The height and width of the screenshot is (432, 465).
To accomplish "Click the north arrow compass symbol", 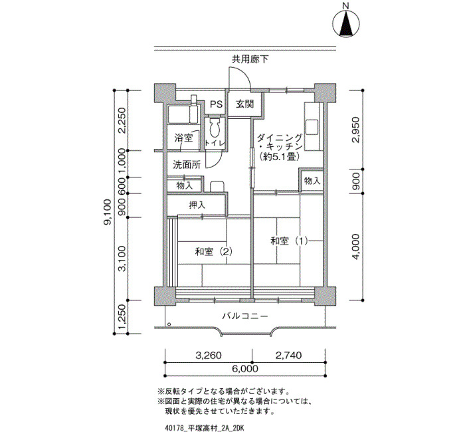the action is coord(346,23).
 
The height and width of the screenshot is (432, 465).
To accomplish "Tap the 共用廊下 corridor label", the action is coord(250,59).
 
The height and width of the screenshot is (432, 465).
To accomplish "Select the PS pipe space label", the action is coord(216,104).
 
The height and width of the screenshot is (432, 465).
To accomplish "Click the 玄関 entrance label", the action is coord(245,104).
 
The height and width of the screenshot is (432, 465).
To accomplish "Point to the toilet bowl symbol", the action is coord(214,128).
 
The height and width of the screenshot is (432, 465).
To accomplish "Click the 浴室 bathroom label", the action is coord(183,138).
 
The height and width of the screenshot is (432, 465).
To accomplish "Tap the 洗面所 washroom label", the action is coord(187,165).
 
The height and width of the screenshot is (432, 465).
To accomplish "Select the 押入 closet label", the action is coord(197,205).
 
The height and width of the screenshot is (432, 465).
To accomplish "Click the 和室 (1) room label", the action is coord(289,241).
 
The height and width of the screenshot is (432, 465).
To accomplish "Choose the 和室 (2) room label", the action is coord(213,252).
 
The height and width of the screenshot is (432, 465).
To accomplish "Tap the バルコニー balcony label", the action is coord(245,316).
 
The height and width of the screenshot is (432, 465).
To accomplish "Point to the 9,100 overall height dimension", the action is coord(108,212).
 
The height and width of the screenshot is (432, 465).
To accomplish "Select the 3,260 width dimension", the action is coord(209,355).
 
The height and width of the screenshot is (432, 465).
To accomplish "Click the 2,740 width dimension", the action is coord(289,355).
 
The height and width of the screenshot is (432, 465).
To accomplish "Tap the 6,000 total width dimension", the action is coord(245,369).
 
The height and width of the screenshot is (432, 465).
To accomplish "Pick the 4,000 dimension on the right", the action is coord(355,247).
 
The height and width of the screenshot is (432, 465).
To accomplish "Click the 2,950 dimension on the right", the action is coord(355,130).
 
